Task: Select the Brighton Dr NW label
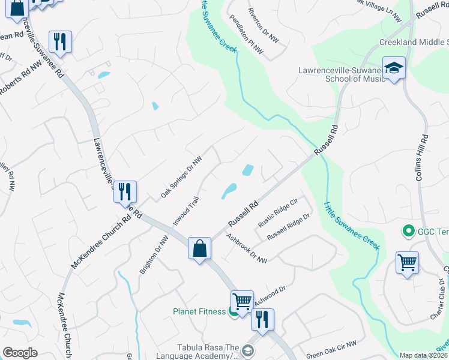pyautogui.click(x=154, y=255)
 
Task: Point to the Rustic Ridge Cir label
pyautogui.click(x=278, y=213)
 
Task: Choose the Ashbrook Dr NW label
pyautogui.click(x=247, y=248)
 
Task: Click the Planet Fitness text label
pyautogui.click(x=199, y=311)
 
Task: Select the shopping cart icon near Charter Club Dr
pyautogui.click(x=407, y=262)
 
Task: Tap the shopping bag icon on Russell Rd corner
pyautogui.click(x=199, y=248)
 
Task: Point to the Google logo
pyautogui.click(x=20, y=353)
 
